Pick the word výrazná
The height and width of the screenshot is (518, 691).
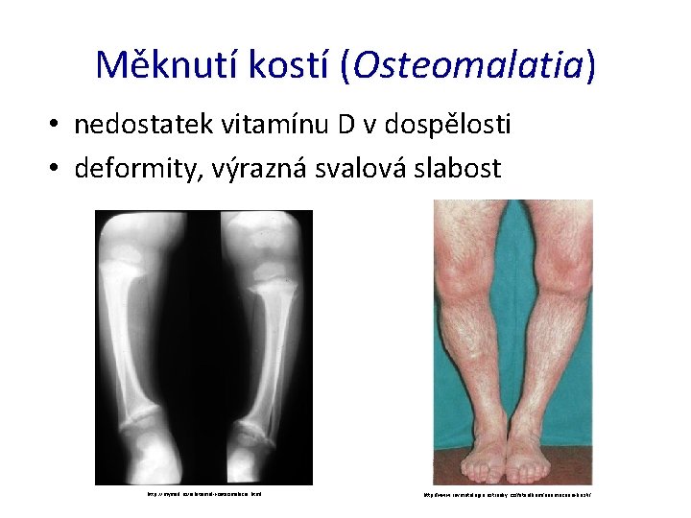(248, 169)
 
